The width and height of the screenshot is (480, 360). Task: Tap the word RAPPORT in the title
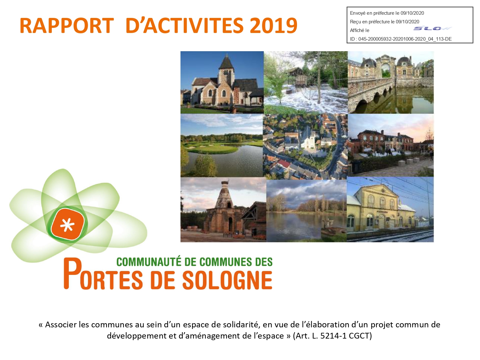(67, 26)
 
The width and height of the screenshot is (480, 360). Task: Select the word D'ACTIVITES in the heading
(185, 26)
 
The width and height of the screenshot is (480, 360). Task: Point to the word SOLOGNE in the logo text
(227, 280)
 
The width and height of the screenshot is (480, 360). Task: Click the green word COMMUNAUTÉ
(149, 262)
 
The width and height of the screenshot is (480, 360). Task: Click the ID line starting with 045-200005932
(401, 39)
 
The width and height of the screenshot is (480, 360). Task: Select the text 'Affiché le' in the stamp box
(359, 30)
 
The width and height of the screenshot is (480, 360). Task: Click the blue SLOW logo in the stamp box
(432, 28)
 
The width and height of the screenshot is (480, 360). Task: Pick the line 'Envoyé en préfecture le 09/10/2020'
(387, 13)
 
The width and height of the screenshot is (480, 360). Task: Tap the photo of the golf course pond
(221, 145)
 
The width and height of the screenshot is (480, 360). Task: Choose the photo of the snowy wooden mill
(306, 83)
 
